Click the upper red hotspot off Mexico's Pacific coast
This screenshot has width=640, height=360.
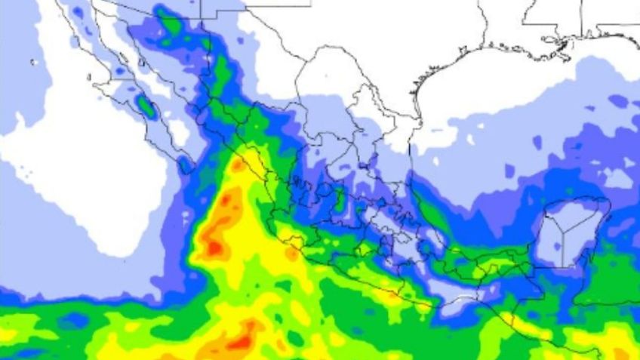coord(215,246)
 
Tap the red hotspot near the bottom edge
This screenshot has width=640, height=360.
coord(241,342)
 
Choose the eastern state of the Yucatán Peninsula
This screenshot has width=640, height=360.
coord(585,238)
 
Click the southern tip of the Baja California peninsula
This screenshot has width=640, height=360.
coord(186,168)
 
